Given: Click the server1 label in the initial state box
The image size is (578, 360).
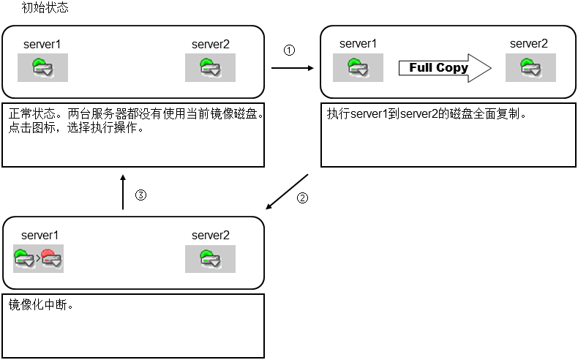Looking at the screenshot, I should click(x=41, y=44).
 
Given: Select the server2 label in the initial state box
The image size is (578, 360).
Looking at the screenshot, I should click(x=211, y=44).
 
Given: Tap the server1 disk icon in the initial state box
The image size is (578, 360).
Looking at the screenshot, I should click(x=42, y=68).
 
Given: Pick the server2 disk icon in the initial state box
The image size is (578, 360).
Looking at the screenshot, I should click(x=210, y=68).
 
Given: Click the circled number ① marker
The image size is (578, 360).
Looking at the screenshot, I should click(x=289, y=50).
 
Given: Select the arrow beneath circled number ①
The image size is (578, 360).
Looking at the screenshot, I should click(x=293, y=68).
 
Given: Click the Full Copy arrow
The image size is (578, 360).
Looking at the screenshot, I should click(x=443, y=68).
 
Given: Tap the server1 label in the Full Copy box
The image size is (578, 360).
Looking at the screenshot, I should click(x=359, y=44).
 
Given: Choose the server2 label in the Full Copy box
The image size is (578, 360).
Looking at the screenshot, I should click(x=529, y=44).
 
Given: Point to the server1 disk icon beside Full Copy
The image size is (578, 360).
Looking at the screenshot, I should click(x=359, y=68).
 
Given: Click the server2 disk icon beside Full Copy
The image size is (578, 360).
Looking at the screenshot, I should click(x=530, y=68).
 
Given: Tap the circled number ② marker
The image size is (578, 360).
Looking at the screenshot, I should click(x=301, y=198).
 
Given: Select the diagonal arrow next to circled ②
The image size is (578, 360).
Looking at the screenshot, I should click(x=287, y=192).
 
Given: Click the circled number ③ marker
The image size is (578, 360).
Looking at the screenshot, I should click(x=142, y=195).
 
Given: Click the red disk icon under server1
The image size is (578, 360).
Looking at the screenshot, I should click(x=50, y=258).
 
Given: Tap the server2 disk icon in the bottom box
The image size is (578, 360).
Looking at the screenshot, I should click(x=210, y=258).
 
